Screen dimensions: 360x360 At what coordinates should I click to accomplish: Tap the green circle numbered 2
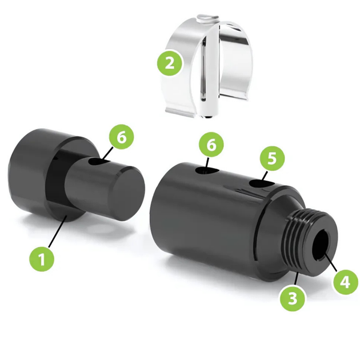(x=170, y=63)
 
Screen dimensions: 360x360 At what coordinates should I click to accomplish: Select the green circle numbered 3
(x=293, y=299)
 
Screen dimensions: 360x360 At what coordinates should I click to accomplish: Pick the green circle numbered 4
(x=346, y=282)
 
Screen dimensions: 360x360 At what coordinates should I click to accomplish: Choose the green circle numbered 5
(x=272, y=158)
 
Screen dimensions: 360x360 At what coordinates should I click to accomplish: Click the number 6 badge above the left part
(x=122, y=137)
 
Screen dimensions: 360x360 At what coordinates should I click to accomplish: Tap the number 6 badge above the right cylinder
(x=211, y=145)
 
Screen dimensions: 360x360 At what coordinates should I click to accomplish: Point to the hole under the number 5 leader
(x=262, y=184)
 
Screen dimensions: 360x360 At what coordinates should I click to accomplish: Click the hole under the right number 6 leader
(x=207, y=171)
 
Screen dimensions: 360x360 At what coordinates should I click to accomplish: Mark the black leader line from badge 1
(x=57, y=231)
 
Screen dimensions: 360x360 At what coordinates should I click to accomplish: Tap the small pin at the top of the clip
(x=208, y=18)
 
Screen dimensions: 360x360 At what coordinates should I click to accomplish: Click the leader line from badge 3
(x=296, y=279)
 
